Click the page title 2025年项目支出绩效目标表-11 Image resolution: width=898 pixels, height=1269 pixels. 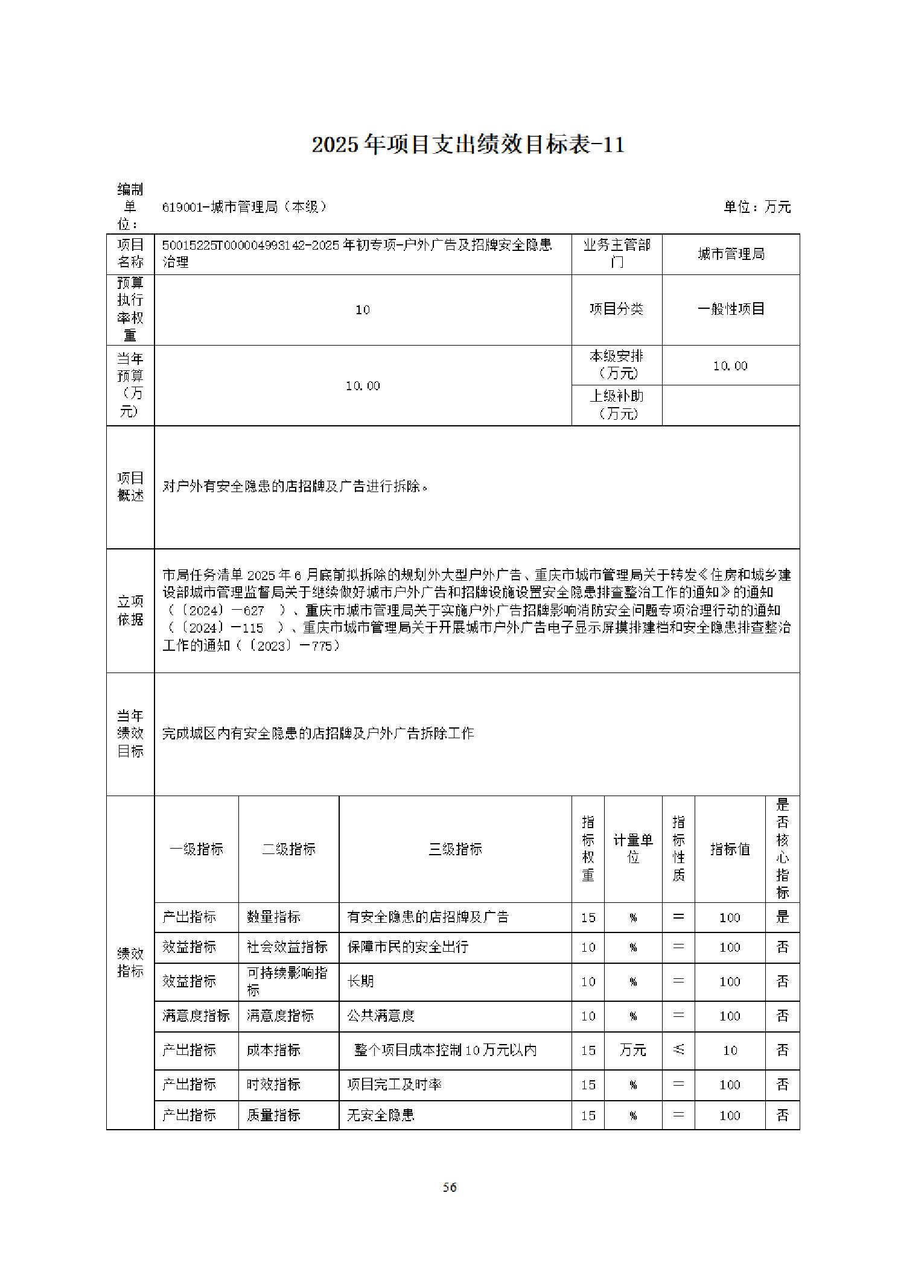468,145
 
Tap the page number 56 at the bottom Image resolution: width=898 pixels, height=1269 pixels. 450,1188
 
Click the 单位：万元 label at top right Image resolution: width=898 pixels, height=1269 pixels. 757,207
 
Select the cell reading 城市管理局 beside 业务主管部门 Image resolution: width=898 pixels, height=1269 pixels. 731,255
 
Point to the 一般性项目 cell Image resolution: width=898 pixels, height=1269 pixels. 731,309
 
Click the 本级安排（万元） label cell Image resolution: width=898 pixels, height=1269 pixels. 617,365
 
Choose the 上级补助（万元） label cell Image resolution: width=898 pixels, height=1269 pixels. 617,405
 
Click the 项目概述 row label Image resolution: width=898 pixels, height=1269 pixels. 130,487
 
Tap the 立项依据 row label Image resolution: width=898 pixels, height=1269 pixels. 130,610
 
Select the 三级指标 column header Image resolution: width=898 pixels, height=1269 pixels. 455,849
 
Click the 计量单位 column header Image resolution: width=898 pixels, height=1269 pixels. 633,849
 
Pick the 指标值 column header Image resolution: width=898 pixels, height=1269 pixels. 730,849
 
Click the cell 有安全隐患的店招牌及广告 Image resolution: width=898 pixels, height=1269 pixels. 428,917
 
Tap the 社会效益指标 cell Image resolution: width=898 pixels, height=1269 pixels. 287,947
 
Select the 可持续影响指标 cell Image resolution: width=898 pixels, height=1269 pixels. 287,981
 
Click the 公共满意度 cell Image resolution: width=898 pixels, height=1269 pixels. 381,1016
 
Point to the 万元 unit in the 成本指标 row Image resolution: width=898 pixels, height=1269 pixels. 633,1050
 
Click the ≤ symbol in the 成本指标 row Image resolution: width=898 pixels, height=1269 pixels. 678,1050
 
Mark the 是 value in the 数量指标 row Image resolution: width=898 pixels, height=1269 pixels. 783,917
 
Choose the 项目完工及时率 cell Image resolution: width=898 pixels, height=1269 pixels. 394,1084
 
